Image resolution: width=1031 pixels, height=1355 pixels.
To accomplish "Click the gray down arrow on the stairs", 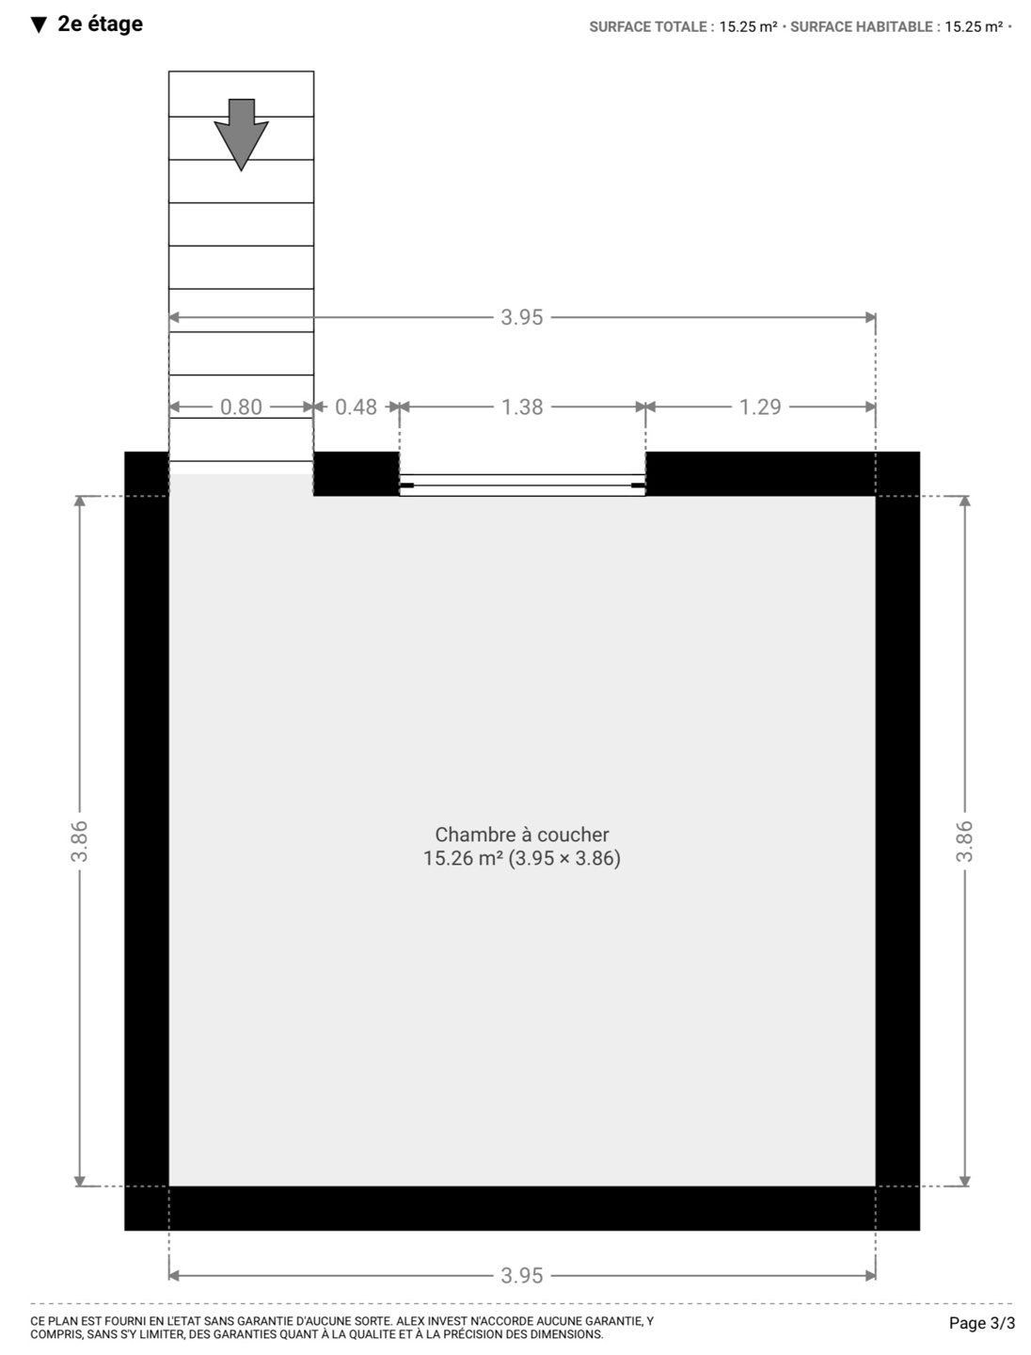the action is tap(241, 134).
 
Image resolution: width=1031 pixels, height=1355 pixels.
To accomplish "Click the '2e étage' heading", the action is tap(100, 24).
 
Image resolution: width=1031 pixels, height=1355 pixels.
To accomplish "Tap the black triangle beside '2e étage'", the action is tap(39, 25).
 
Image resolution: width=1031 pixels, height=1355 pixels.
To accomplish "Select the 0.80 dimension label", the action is tap(241, 406).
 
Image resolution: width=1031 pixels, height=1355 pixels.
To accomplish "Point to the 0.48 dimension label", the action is tap(356, 406).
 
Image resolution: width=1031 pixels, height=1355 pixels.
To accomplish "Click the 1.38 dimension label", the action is tap(521, 406).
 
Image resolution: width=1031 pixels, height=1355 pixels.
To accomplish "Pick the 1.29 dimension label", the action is tap(759, 406).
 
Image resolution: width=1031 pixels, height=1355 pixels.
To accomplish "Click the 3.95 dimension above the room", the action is tap(521, 317).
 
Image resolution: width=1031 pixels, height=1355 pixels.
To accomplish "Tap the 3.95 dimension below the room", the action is tap(521, 1276).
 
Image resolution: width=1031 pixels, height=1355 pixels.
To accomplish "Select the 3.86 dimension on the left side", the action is tap(80, 841).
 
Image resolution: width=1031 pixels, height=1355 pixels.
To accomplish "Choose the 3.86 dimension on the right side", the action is tap(964, 841).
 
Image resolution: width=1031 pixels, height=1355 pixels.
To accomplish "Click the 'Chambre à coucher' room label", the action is tap(521, 835).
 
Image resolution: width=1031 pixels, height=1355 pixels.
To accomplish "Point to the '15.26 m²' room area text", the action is tap(463, 858).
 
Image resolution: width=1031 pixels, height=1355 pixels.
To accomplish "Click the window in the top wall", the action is tap(522, 485).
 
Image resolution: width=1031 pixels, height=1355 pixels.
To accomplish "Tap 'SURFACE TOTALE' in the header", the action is tap(648, 27).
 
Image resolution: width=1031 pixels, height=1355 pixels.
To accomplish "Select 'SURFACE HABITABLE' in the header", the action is tap(862, 27).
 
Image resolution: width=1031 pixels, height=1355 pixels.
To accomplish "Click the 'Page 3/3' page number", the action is tap(982, 1323).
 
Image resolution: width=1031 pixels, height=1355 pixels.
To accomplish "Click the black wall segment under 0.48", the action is tap(356, 473).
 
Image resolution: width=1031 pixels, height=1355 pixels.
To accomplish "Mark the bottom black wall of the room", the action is tap(521, 1208).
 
